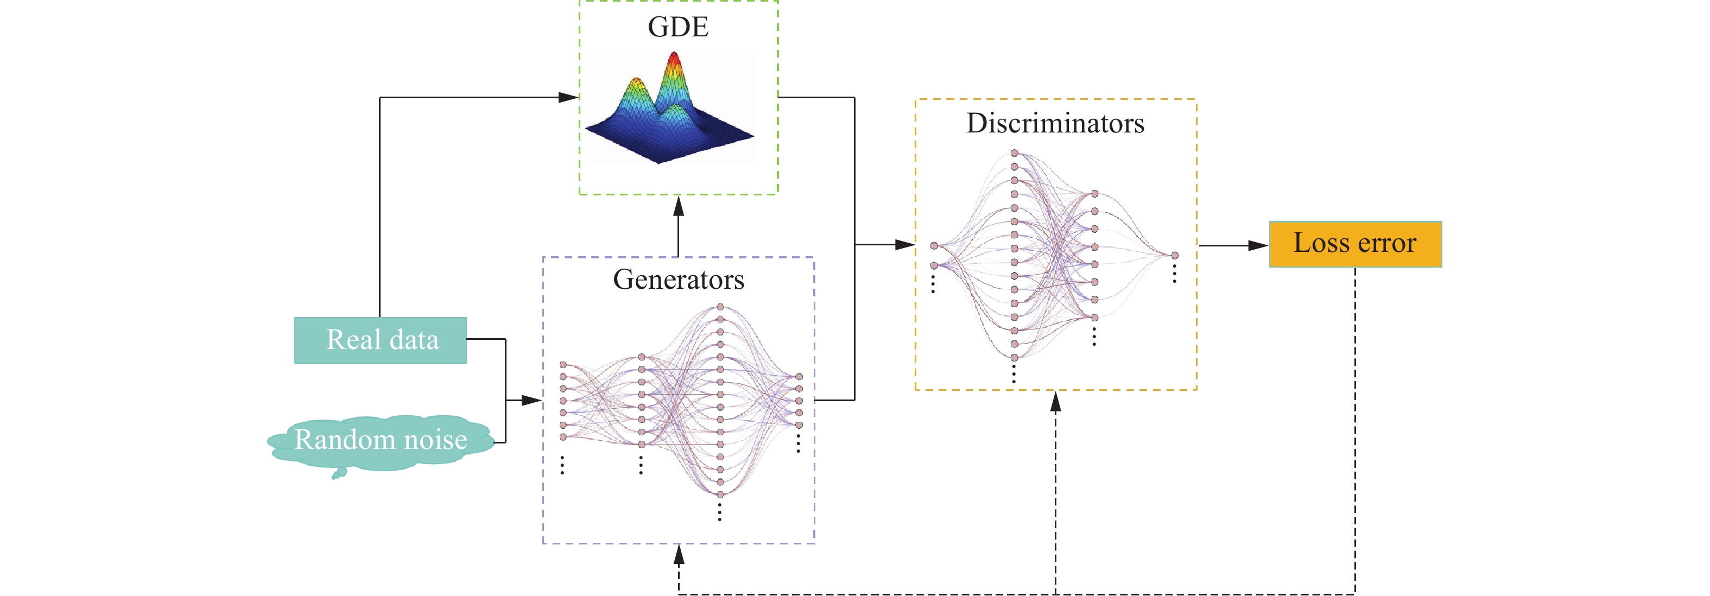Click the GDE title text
point(678,27)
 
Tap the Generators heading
point(679,280)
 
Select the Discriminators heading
point(1055,123)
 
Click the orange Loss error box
point(1355,244)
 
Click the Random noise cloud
point(381,441)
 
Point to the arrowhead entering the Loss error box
point(1258,245)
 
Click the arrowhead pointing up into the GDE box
point(679,206)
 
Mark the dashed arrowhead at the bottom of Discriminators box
point(1055,402)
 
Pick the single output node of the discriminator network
point(1174,255)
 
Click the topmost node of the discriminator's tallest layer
point(1014,153)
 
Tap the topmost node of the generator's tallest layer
point(720,307)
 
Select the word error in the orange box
point(1386,244)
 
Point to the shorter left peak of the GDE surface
point(637,83)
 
